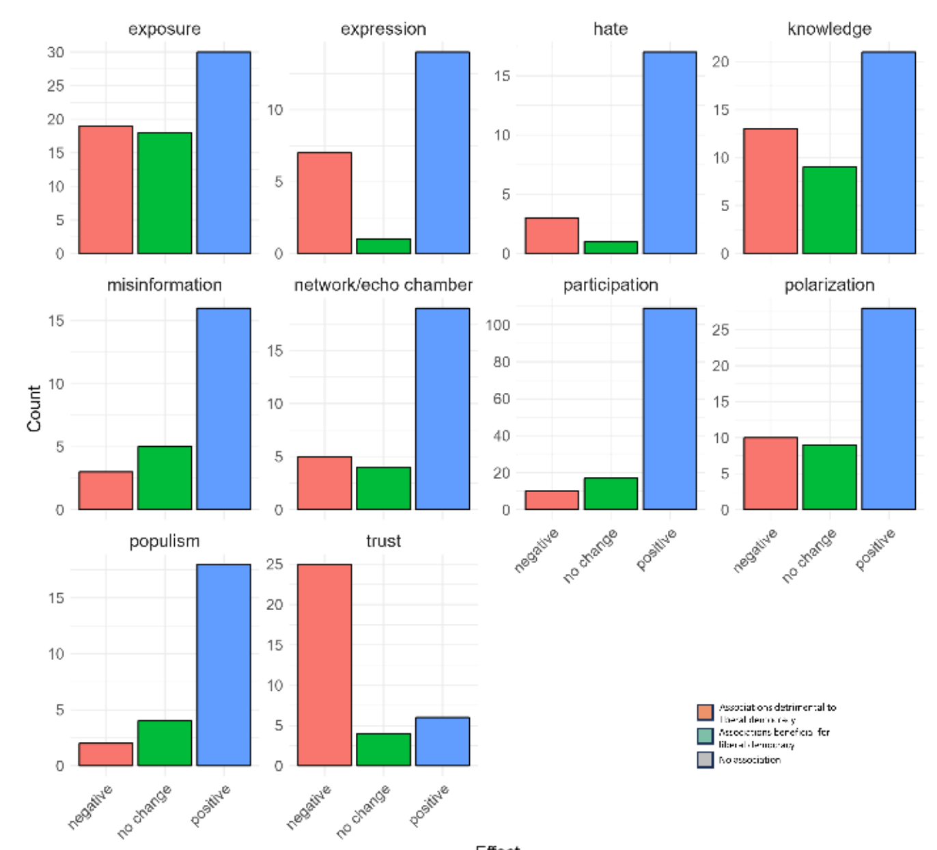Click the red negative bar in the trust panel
point(324,664)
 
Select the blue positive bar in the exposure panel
point(223,152)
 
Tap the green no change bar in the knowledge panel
point(829,210)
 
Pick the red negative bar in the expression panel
point(324,203)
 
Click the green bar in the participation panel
point(611,493)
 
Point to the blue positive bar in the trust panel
point(443,741)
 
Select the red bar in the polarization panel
point(770,474)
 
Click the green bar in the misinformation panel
point(165,478)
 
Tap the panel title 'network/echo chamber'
point(383,285)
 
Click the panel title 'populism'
point(165,541)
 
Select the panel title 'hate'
point(611,29)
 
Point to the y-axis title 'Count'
point(34,409)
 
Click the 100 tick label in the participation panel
point(499,325)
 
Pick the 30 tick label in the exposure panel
point(56,53)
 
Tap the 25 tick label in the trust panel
point(275,564)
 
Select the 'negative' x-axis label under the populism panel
point(91,807)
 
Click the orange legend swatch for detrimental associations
point(705,712)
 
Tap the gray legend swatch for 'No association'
point(705,760)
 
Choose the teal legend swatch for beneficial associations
point(705,736)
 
